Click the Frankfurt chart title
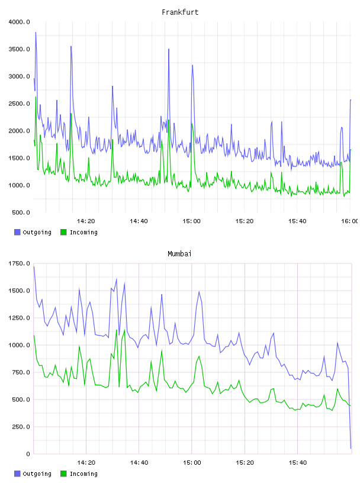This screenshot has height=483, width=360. [180, 12]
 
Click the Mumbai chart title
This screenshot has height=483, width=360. [179, 254]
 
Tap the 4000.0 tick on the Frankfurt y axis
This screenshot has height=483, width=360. [19, 22]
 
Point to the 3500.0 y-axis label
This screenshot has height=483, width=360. [19, 49]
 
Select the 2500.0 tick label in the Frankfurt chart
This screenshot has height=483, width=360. [19, 104]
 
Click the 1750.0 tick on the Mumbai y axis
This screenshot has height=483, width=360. [19, 263]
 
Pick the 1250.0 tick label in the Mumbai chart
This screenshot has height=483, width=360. [19, 318]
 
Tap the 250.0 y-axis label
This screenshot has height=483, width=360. [21, 427]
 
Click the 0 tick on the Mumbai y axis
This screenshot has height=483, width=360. [28, 454]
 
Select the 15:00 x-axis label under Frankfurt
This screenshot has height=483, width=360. [191, 221]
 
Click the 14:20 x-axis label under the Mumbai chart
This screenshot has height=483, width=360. [86, 463]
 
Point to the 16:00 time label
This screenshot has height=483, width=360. [350, 221]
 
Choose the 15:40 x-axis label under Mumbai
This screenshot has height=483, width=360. [297, 463]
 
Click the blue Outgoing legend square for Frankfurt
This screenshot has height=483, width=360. [17, 232]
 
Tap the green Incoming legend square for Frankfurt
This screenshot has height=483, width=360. [63, 232]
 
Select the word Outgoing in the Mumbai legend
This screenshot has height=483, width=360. [37, 474]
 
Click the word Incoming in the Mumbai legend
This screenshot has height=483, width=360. [83, 474]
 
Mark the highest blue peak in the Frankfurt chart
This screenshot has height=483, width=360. [36, 33]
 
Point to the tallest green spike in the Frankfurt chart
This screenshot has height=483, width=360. [36, 97]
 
